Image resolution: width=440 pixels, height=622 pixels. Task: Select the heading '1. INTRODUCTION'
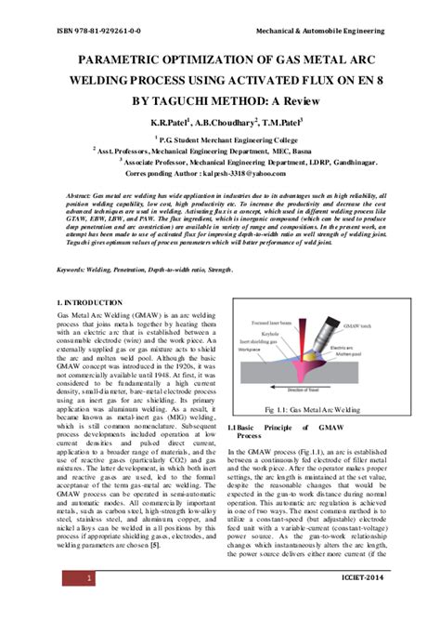94,303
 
